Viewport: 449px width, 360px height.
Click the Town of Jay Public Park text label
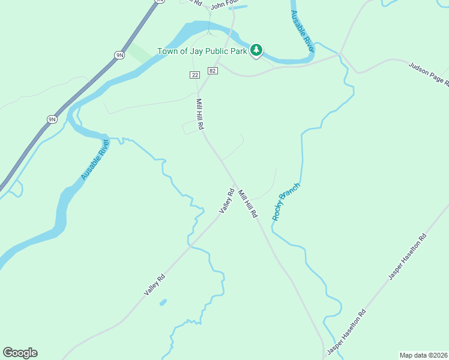pyautogui.click(x=202, y=51)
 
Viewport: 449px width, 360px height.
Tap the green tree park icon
pyautogui.click(x=257, y=50)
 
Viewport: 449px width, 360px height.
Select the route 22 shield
pyautogui.click(x=194, y=74)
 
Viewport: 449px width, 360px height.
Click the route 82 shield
pyautogui.click(x=212, y=71)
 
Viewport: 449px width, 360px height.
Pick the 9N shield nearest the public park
pyautogui.click(x=119, y=55)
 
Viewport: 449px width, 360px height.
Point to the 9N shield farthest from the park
pyautogui.click(x=52, y=119)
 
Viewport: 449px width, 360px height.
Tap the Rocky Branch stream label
pyautogui.click(x=286, y=202)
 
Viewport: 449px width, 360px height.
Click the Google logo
pyautogui.click(x=20, y=353)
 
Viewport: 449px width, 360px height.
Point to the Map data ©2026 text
pyautogui.click(x=423, y=355)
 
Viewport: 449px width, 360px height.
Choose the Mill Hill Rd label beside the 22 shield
pyautogui.click(x=200, y=115)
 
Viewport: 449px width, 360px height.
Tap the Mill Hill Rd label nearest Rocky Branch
pyautogui.click(x=247, y=203)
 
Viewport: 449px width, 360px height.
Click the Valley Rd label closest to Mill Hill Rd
pyautogui.click(x=226, y=200)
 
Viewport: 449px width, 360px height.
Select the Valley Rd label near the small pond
pyautogui.click(x=154, y=285)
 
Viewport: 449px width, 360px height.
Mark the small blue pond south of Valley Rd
pyautogui.click(x=163, y=302)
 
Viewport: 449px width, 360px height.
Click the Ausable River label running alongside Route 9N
pyautogui.click(x=95, y=160)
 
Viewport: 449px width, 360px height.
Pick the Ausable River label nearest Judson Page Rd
pyautogui.click(x=302, y=30)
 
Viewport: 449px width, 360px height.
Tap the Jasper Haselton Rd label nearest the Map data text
pyautogui.click(x=346, y=331)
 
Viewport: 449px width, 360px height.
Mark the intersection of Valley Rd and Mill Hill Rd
pyautogui.click(x=235, y=184)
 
